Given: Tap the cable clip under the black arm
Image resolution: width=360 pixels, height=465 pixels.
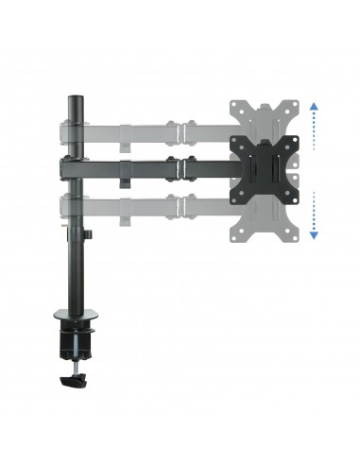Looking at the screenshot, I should pyautogui.click(x=126, y=180).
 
